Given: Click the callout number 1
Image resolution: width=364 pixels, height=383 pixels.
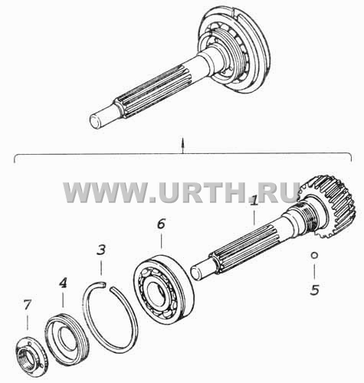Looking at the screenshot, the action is tap(254, 202).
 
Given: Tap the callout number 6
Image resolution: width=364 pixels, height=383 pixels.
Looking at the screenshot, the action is tap(161, 224).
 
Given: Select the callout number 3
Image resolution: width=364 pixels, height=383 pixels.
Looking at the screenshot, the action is tap(101, 250).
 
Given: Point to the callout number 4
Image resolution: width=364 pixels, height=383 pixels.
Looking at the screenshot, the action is tap(63, 283).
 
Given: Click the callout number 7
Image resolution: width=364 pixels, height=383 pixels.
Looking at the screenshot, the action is tap(27, 305).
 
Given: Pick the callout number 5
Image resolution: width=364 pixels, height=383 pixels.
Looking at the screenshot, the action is tap(315, 290).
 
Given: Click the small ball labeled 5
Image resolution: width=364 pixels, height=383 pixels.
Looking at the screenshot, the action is tap(314, 255).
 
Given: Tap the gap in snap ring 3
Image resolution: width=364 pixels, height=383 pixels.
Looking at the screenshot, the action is tap(109, 286).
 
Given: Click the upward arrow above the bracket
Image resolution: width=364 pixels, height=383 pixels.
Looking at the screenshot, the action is tap(182, 146).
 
